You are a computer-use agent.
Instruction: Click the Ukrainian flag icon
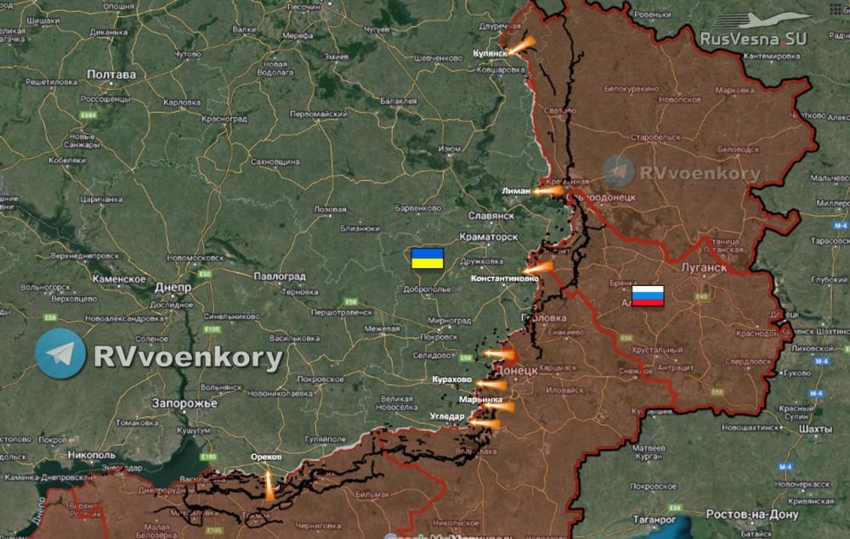[427, 258]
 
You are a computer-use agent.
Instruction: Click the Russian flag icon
[649, 295]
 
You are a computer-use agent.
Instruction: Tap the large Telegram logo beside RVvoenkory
[60, 354]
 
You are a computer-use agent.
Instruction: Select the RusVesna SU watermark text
[753, 39]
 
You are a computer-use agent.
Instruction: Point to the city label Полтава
[111, 75]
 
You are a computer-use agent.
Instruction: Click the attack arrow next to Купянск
[521, 45]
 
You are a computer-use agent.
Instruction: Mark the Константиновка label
[505, 278]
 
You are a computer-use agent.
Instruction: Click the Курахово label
[451, 379]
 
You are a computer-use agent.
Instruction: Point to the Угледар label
[446, 416]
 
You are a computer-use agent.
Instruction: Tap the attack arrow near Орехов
[269, 485]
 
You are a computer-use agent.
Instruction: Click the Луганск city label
[703, 267]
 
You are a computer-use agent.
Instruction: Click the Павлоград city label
[280, 276]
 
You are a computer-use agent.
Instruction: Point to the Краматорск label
[487, 237]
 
